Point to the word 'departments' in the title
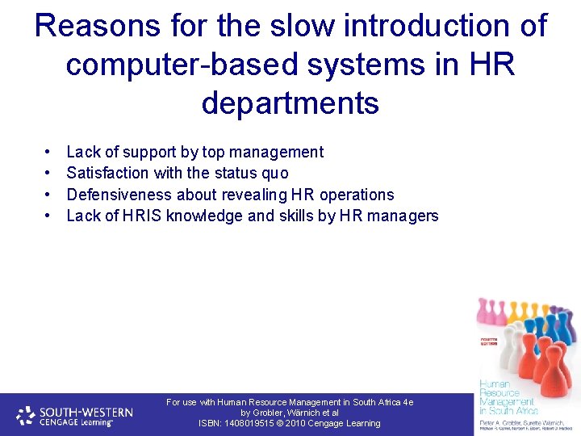(x=290, y=103)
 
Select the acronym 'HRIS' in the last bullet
(x=143, y=216)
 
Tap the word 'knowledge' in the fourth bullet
(x=205, y=216)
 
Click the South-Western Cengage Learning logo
(x=75, y=415)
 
